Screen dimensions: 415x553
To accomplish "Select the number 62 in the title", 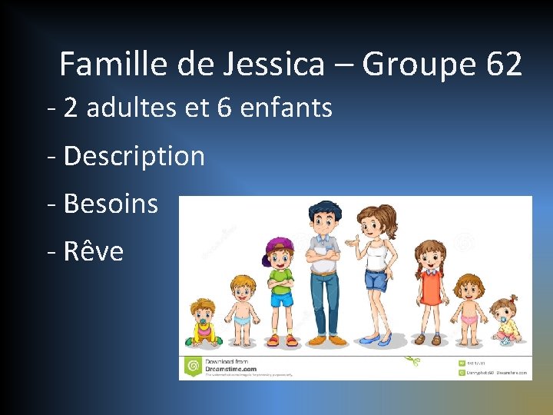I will pos(504,64).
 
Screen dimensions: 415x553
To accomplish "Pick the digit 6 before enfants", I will pos(224,108).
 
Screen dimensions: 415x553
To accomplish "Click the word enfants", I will pos(286,108).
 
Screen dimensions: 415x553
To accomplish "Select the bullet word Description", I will pos(134,156).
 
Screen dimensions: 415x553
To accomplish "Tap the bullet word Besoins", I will pos(111,204).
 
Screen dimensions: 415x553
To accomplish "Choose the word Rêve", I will pos(94,251).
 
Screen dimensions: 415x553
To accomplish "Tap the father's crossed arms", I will pos(323,254).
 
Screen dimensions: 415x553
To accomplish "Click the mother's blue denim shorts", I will pos(375,280).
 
